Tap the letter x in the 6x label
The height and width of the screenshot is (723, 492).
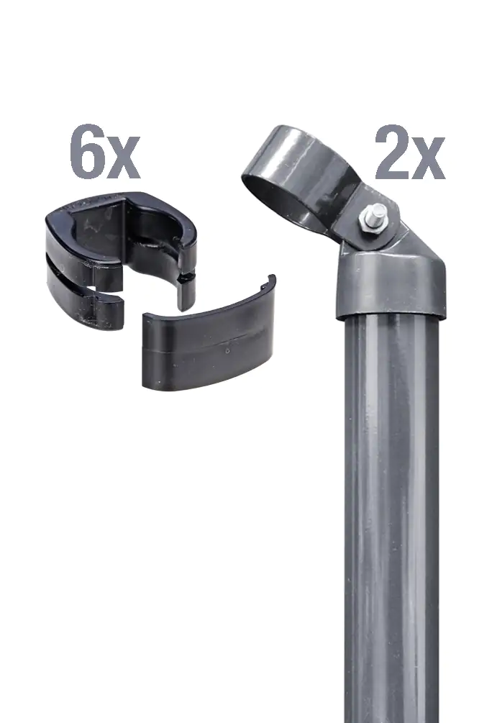123,160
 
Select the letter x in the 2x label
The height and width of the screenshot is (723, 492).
429,160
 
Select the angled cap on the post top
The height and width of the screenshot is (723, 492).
389,281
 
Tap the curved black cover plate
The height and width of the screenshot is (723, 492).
209,345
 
